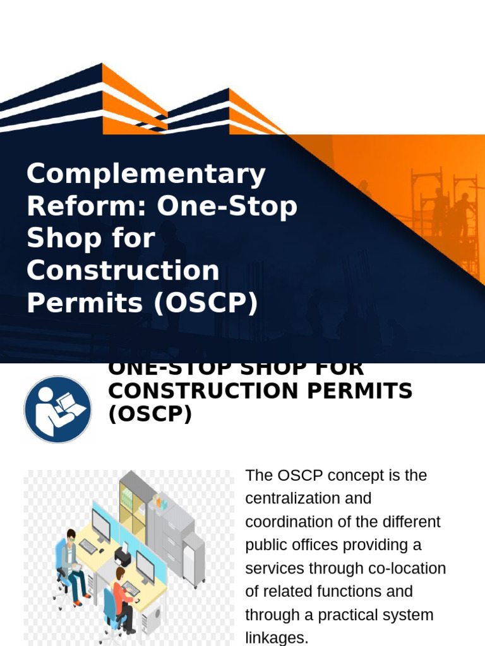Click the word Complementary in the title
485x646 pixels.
pyautogui.click(x=146, y=173)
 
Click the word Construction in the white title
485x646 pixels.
pyautogui.click(x=123, y=271)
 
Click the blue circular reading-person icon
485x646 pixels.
pyautogui.click(x=57, y=409)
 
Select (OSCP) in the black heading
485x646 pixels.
pyautogui.click(x=150, y=415)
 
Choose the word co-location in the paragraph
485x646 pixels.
pyautogui.click(x=408, y=568)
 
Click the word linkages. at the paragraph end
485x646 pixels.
pyautogui.click(x=277, y=638)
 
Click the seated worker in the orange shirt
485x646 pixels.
pyautogui.click(x=122, y=596)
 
